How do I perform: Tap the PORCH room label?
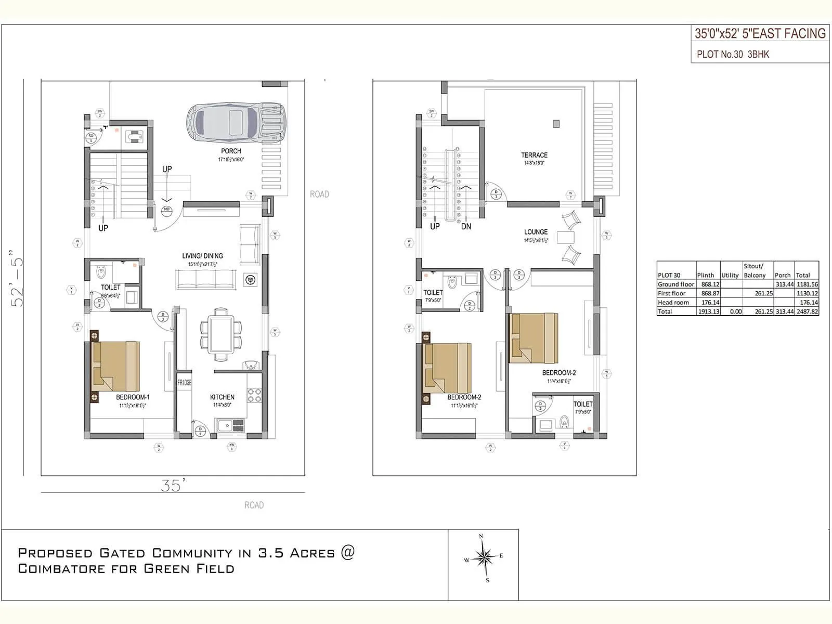[231, 151]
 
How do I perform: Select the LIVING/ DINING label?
[202, 256]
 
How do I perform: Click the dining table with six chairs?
[221, 335]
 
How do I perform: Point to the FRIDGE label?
[184, 383]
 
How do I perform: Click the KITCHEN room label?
[222, 397]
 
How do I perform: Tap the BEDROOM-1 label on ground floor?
[133, 397]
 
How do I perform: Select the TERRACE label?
[534, 155]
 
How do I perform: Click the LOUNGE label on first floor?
[536, 232]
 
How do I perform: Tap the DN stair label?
[466, 227]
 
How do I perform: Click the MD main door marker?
[167, 210]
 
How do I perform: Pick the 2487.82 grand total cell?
[807, 311]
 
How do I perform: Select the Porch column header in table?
[783, 275]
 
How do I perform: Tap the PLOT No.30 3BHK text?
[733, 55]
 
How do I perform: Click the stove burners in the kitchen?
[254, 395]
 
